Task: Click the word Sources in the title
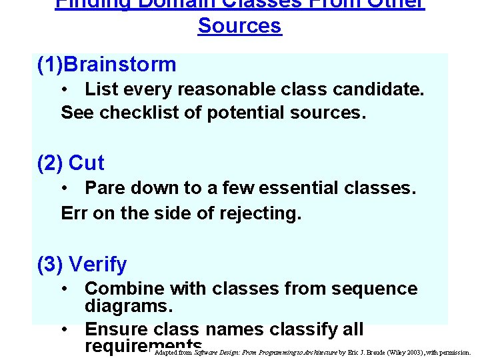240,26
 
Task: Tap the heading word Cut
87,163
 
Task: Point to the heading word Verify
97,265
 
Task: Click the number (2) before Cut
51,163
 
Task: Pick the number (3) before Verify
51,265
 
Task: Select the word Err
73,213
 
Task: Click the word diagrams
129,307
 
